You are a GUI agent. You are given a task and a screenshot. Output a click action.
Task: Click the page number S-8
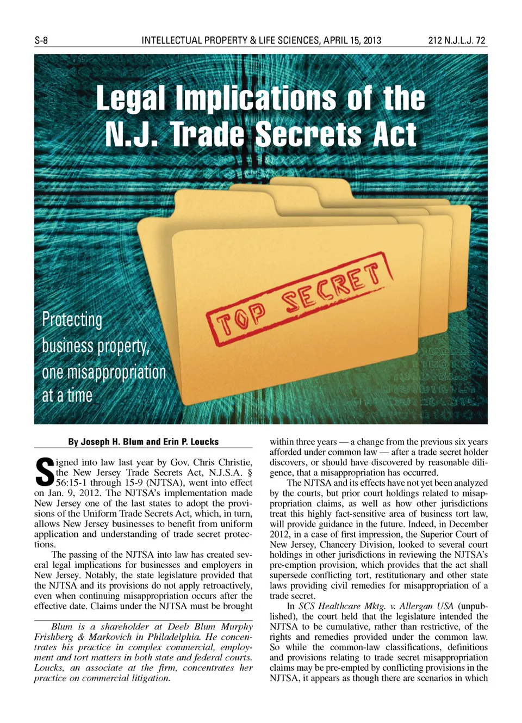click(x=41, y=40)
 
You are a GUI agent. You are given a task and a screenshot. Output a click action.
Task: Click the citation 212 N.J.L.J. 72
click(x=457, y=40)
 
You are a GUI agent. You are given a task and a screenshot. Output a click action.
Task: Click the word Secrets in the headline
click(x=308, y=134)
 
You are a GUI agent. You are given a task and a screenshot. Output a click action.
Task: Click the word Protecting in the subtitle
click(x=72, y=319)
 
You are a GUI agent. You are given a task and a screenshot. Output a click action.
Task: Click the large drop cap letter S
click(x=44, y=472)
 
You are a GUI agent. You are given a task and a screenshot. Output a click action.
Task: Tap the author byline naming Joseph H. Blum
click(x=143, y=442)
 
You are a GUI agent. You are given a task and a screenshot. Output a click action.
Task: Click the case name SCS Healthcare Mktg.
click(x=341, y=606)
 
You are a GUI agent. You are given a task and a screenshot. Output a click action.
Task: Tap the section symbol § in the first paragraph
click(x=249, y=472)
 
